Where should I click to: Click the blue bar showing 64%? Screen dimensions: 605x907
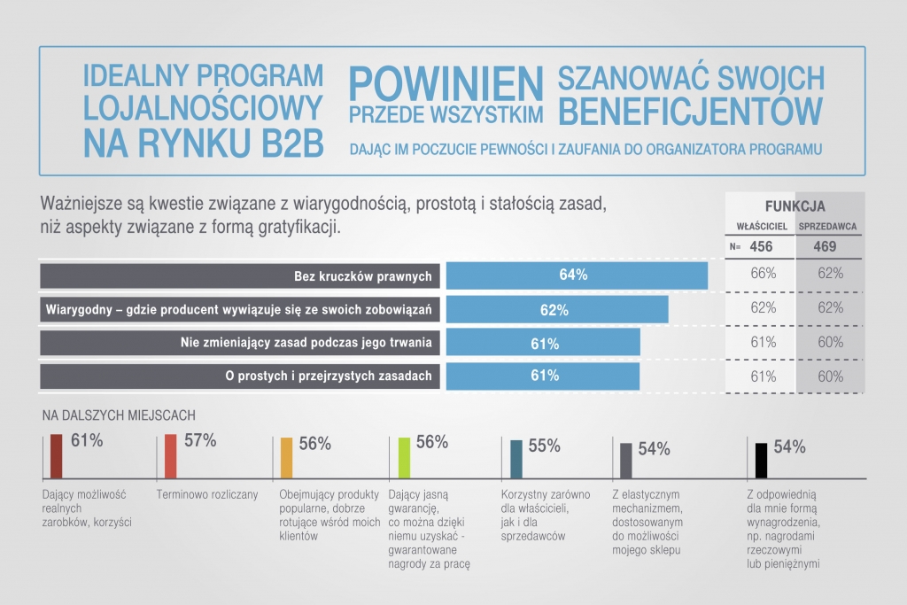click(x=576, y=275)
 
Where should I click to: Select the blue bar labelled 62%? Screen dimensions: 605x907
click(x=556, y=309)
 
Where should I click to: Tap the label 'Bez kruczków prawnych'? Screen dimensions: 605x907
click(x=363, y=276)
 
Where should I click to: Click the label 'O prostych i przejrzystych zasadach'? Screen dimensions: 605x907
click(x=329, y=376)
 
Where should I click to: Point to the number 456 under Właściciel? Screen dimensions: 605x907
click(x=761, y=246)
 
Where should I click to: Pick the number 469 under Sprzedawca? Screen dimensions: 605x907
click(x=831, y=246)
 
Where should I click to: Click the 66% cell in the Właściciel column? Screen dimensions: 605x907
click(x=763, y=274)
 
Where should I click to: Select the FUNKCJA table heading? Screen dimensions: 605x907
click(x=795, y=206)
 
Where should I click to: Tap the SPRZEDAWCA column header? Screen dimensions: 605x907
click(x=829, y=226)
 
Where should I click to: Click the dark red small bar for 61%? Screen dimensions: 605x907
click(x=56, y=455)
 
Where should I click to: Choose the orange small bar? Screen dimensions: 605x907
click(x=286, y=458)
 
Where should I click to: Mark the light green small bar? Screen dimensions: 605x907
click(x=404, y=457)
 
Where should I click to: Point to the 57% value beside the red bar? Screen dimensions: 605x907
click(x=199, y=440)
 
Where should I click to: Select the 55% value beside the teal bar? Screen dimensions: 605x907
click(x=544, y=446)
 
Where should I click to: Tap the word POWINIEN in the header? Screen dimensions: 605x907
click(x=444, y=85)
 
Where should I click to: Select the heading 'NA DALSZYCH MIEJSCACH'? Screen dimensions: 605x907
click(x=119, y=415)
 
